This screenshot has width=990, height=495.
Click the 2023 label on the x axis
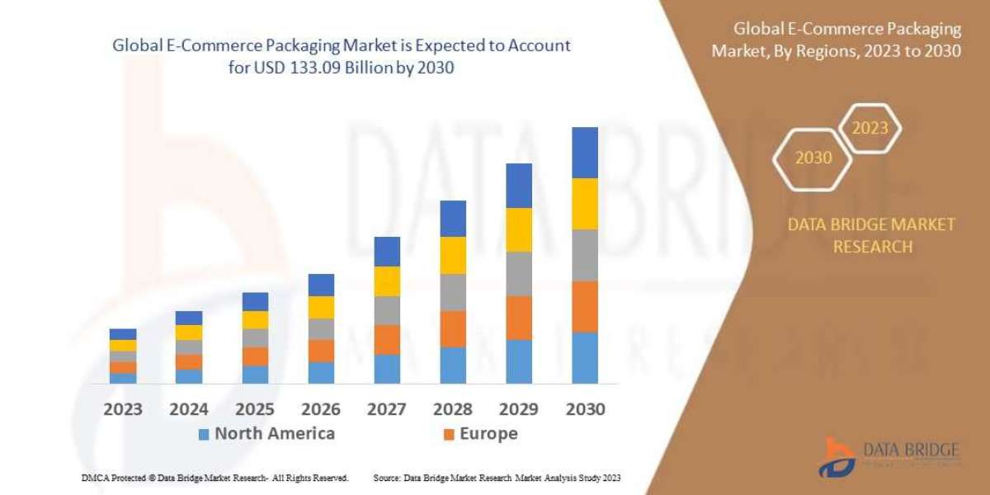122,409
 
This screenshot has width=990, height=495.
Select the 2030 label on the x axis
584,409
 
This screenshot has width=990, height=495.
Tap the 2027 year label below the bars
386,409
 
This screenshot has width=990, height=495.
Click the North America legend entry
266,434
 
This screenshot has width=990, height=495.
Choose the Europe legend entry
480,434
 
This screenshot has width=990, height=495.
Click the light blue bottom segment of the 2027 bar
386,369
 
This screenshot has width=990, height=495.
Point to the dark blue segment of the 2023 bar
122,334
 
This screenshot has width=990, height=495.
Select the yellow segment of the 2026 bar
320,307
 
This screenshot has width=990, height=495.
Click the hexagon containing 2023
870,128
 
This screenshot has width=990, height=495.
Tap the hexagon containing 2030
813,158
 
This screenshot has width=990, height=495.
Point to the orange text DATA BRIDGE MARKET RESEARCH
872,235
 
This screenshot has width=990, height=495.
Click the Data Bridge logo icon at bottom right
836,456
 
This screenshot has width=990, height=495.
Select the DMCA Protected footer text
214,478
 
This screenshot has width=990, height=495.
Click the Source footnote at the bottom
497,478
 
